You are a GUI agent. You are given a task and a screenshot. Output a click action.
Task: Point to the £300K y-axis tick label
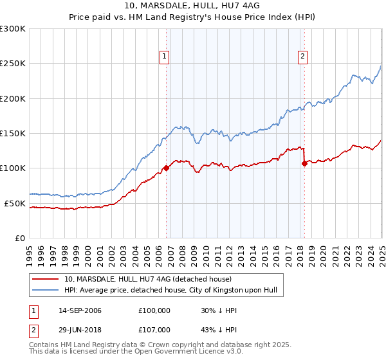coord(13,29)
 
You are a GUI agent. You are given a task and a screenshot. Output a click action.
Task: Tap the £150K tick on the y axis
coord(13,134)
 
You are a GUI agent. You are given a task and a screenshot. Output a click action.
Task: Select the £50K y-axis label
coord(15,203)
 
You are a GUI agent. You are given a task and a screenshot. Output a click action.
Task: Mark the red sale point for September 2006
coord(166,168)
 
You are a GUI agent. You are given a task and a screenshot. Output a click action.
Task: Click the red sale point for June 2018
coord(304,163)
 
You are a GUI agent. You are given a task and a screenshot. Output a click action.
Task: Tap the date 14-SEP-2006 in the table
coord(80,310)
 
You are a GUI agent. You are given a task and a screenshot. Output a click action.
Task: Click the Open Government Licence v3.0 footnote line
coord(136,352)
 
